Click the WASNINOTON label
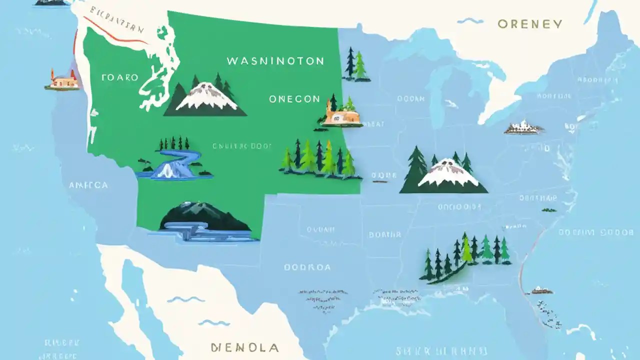pos(275,61)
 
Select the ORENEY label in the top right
pos(529,24)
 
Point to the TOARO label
pos(119,77)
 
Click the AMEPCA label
pos(88,185)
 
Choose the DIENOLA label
pos(245,347)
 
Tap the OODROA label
pos(307,267)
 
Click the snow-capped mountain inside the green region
pos(205,97)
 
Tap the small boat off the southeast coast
pos(541,290)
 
